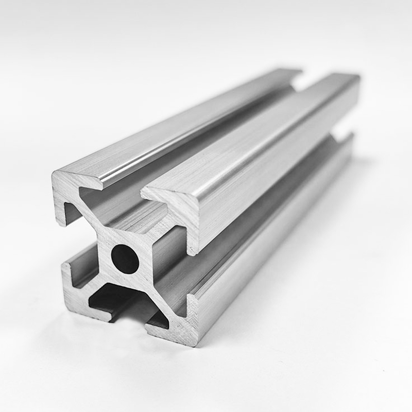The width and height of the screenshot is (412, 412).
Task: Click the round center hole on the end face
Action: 125,259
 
